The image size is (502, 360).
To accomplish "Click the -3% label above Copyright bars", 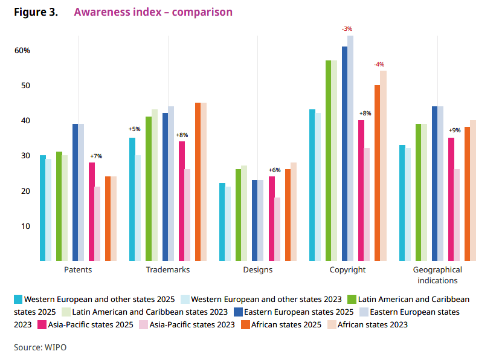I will [x=347, y=28].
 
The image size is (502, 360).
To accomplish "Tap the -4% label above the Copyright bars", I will [x=379, y=65].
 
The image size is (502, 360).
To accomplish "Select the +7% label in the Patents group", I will [x=96, y=156].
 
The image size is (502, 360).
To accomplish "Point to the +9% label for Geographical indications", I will [x=454, y=130].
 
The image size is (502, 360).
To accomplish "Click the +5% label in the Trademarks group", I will [x=134, y=129].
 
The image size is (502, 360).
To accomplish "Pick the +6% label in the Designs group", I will [x=275, y=170].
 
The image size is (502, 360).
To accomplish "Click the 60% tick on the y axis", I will [x=22, y=51].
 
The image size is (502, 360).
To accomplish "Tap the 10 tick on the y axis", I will [x=25, y=227].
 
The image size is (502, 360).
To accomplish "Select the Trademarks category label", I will [x=167, y=270].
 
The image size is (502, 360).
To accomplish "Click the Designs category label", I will [x=258, y=270].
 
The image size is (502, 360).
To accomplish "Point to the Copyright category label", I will [x=347, y=270].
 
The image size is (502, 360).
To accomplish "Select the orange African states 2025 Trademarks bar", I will [x=198, y=182].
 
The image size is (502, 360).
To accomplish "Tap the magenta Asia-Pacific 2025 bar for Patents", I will [x=92, y=211].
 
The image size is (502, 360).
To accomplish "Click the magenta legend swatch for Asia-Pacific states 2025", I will [x=42, y=324].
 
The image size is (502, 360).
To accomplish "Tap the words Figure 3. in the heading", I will [x=36, y=12].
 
